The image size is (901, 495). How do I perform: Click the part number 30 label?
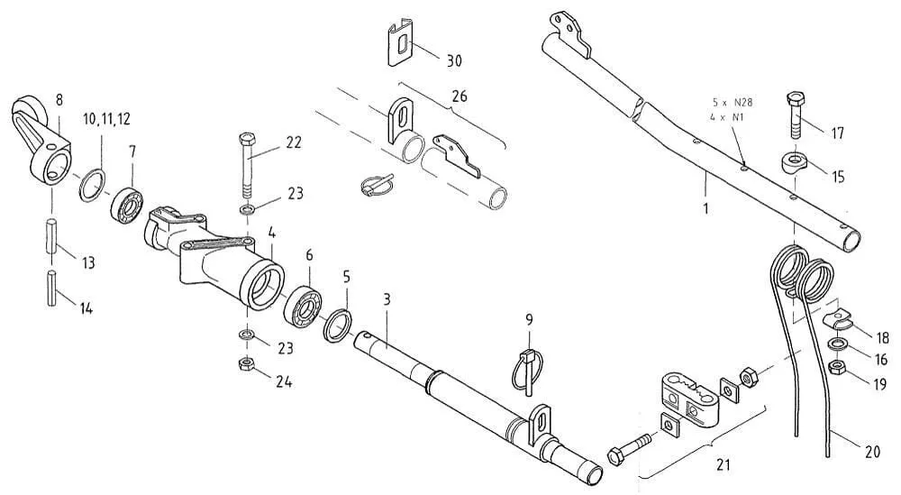453,60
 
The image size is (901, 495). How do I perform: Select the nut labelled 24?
244,364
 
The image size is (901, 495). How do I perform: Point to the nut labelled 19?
836,367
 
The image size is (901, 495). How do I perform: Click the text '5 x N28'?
732,103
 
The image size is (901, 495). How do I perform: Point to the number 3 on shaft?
387,298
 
